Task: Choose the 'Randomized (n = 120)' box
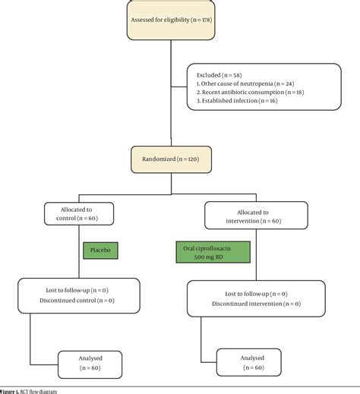pyautogui.click(x=170, y=160)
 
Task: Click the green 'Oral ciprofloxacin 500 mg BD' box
pyautogui.click(x=208, y=252)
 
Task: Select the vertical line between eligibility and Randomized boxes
pyautogui.click(x=170, y=99)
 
